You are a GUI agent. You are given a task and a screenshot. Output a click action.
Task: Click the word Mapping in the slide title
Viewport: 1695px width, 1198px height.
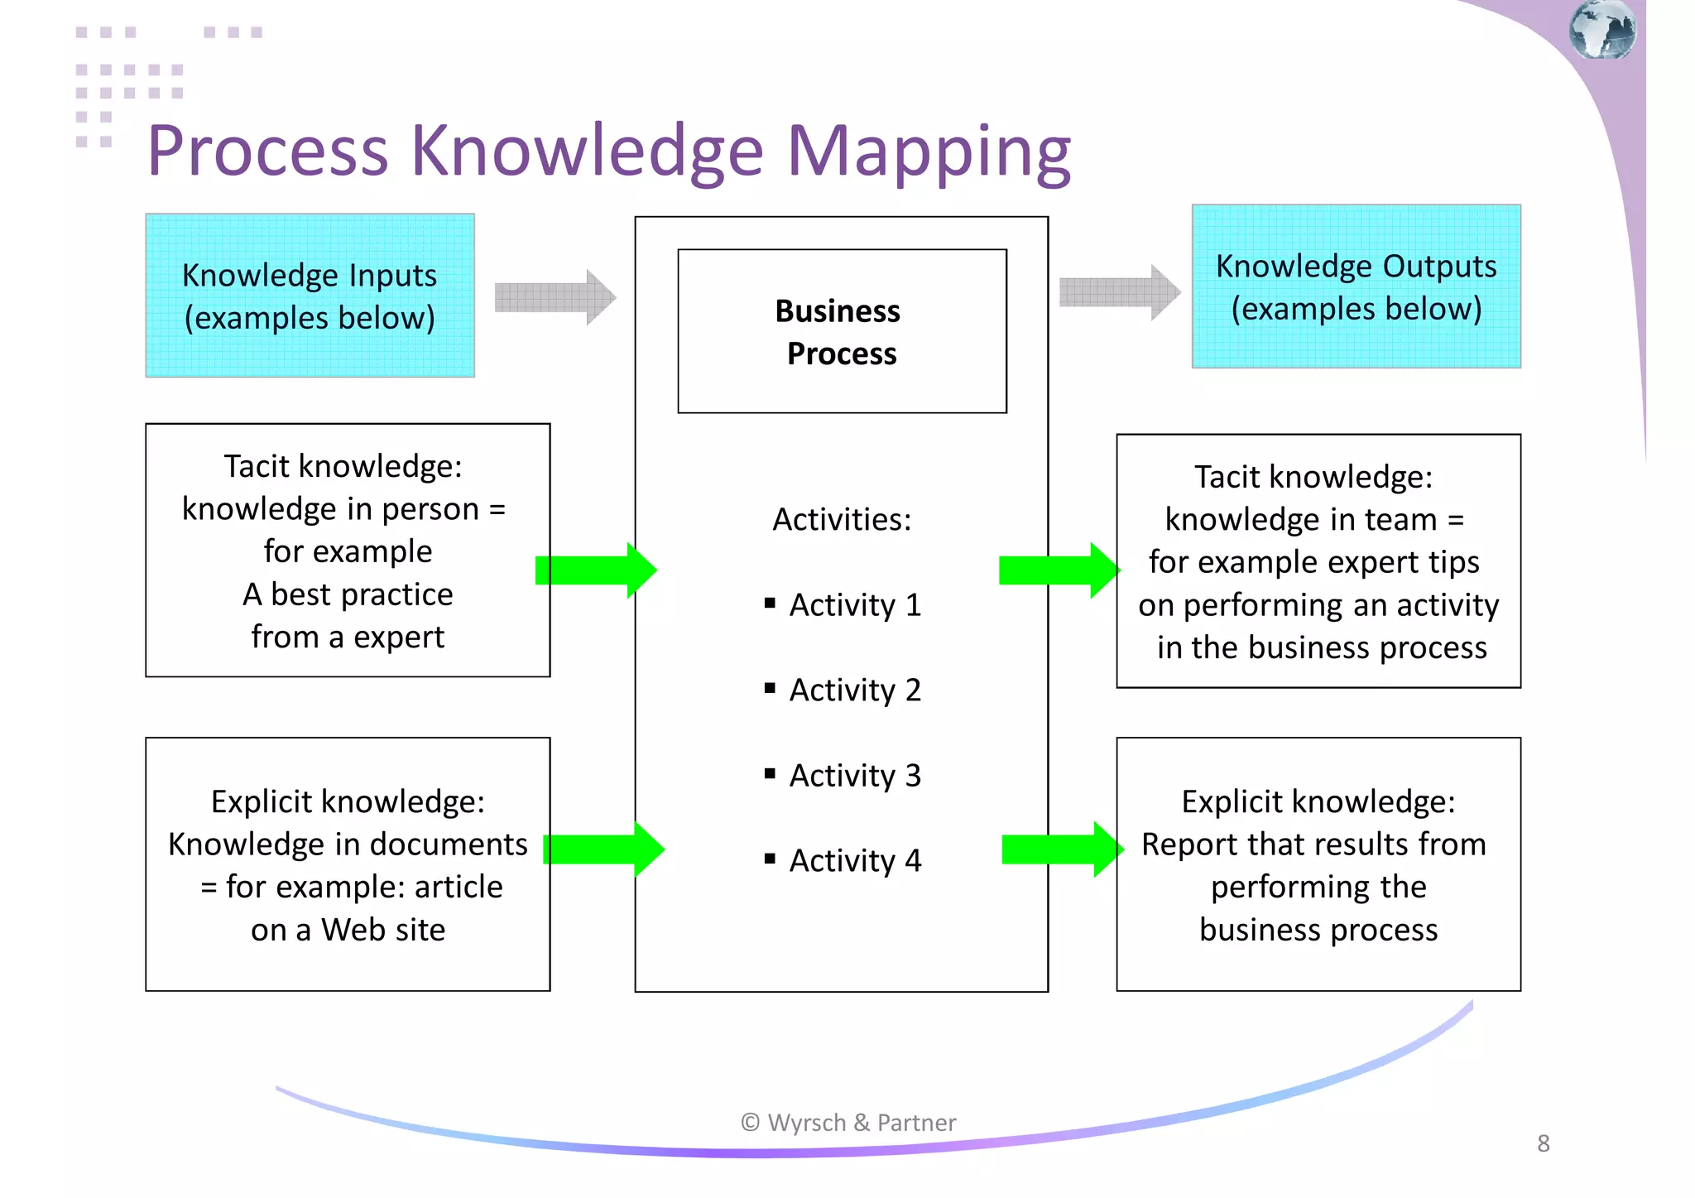point(929,152)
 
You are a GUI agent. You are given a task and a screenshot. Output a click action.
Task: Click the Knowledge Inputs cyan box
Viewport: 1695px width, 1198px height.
point(310,296)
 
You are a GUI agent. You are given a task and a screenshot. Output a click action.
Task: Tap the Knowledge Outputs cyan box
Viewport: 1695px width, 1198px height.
point(1356,286)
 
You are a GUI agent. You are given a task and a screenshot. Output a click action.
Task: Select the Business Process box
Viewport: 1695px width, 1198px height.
point(842,331)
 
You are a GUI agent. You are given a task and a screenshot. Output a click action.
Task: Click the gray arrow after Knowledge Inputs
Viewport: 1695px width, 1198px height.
point(555,296)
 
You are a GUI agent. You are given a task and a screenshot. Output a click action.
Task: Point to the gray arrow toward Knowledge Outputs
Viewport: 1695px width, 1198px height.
point(1119,292)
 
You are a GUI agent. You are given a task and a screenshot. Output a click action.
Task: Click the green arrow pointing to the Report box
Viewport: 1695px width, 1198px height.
point(1062,849)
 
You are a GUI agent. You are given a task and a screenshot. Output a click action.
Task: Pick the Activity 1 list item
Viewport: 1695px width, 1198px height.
point(855,605)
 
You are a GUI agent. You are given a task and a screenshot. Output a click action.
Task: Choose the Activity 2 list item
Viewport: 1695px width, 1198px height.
point(855,690)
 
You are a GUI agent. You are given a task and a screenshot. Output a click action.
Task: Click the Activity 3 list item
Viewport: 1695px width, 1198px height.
point(855,776)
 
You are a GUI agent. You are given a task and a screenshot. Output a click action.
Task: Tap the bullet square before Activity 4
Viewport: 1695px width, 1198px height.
point(770,859)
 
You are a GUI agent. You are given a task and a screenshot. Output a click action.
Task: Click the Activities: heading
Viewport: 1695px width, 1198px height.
point(842,520)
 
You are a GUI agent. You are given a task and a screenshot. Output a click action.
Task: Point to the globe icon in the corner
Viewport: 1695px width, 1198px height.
point(1602,30)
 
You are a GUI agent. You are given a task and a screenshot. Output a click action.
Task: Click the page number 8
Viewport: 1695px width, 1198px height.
point(1544,1143)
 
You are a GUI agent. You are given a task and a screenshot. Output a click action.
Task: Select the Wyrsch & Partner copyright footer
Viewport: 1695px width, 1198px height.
point(848,1123)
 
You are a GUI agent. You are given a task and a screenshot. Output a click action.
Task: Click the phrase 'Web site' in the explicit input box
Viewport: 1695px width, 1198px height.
point(383,930)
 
